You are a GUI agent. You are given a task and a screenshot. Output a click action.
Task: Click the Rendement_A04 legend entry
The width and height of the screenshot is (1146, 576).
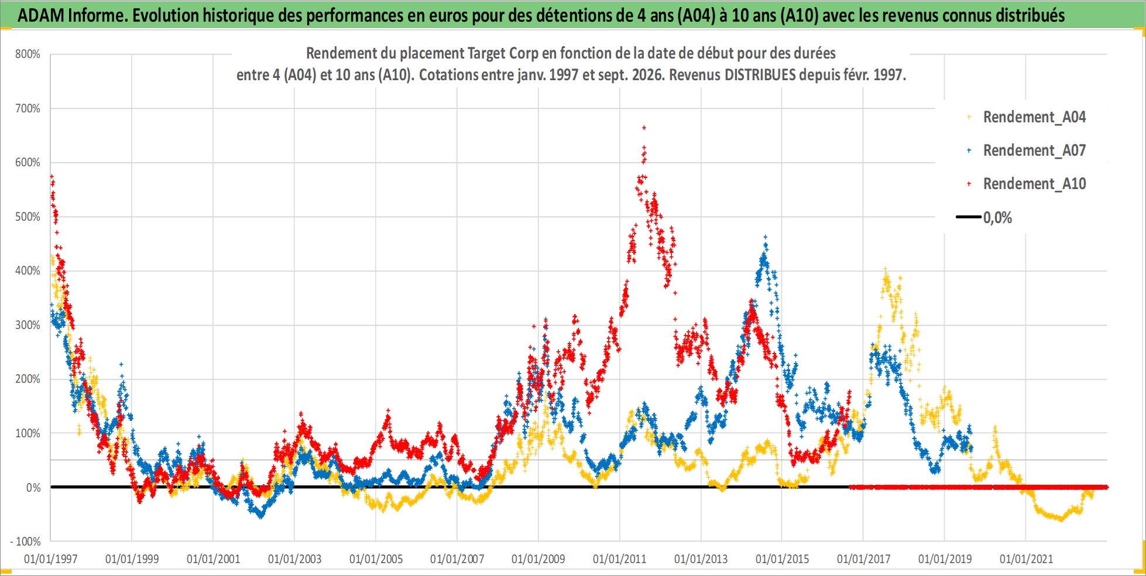[1027, 117]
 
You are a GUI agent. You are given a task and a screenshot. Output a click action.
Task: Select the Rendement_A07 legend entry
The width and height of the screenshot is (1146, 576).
[1027, 150]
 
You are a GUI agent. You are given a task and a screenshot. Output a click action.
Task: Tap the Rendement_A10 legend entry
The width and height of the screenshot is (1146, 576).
[1027, 184]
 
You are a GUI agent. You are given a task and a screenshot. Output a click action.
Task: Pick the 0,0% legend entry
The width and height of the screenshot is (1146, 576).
[984, 218]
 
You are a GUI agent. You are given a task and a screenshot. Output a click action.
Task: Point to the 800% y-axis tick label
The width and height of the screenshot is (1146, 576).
[28, 54]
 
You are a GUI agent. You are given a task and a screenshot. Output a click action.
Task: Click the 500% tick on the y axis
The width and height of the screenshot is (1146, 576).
[28, 217]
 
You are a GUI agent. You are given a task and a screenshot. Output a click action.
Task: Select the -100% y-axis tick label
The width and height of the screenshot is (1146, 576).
[25, 541]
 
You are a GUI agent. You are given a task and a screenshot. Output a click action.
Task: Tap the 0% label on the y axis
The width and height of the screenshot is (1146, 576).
[33, 488]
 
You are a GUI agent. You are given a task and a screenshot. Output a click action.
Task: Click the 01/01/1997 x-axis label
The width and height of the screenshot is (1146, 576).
[51, 559]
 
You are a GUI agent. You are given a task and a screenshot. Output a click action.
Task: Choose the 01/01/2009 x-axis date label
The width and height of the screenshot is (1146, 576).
[538, 559]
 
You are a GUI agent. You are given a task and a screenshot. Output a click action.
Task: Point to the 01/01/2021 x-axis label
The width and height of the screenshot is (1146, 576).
[1026, 559]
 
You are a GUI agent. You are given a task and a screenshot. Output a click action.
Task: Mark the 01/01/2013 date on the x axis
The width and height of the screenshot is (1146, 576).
[701, 559]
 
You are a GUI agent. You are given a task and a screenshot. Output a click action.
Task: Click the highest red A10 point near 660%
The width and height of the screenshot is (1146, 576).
[644, 127]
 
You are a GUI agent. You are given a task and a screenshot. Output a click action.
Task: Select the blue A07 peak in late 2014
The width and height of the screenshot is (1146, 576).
[765, 238]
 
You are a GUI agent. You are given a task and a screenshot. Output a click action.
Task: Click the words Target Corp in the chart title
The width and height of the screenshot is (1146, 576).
[503, 53]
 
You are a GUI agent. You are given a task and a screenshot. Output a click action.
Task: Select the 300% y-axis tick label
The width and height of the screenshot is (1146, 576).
[28, 325]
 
